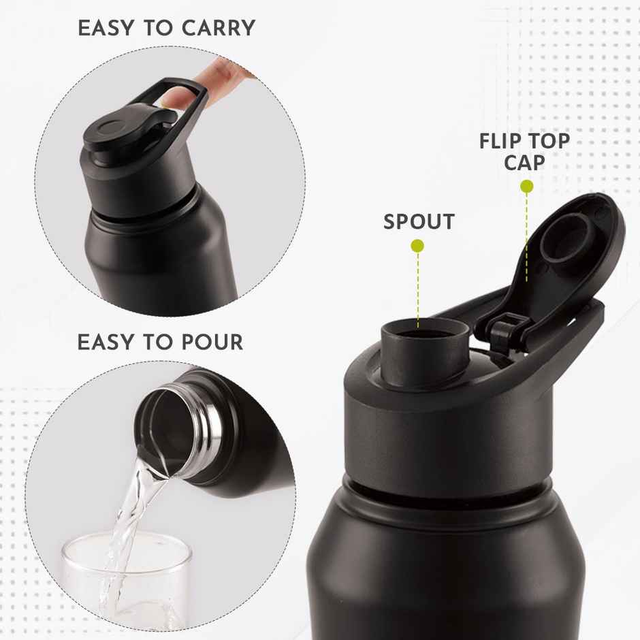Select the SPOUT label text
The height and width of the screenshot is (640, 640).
pos(419,222)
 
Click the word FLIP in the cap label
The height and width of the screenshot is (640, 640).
pos(503,142)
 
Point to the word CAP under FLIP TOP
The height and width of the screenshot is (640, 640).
pos(524,163)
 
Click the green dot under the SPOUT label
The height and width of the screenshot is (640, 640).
pos(418,246)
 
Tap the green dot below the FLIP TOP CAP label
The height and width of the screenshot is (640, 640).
pos(526,186)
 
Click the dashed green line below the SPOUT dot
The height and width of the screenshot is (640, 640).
pos(418,286)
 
